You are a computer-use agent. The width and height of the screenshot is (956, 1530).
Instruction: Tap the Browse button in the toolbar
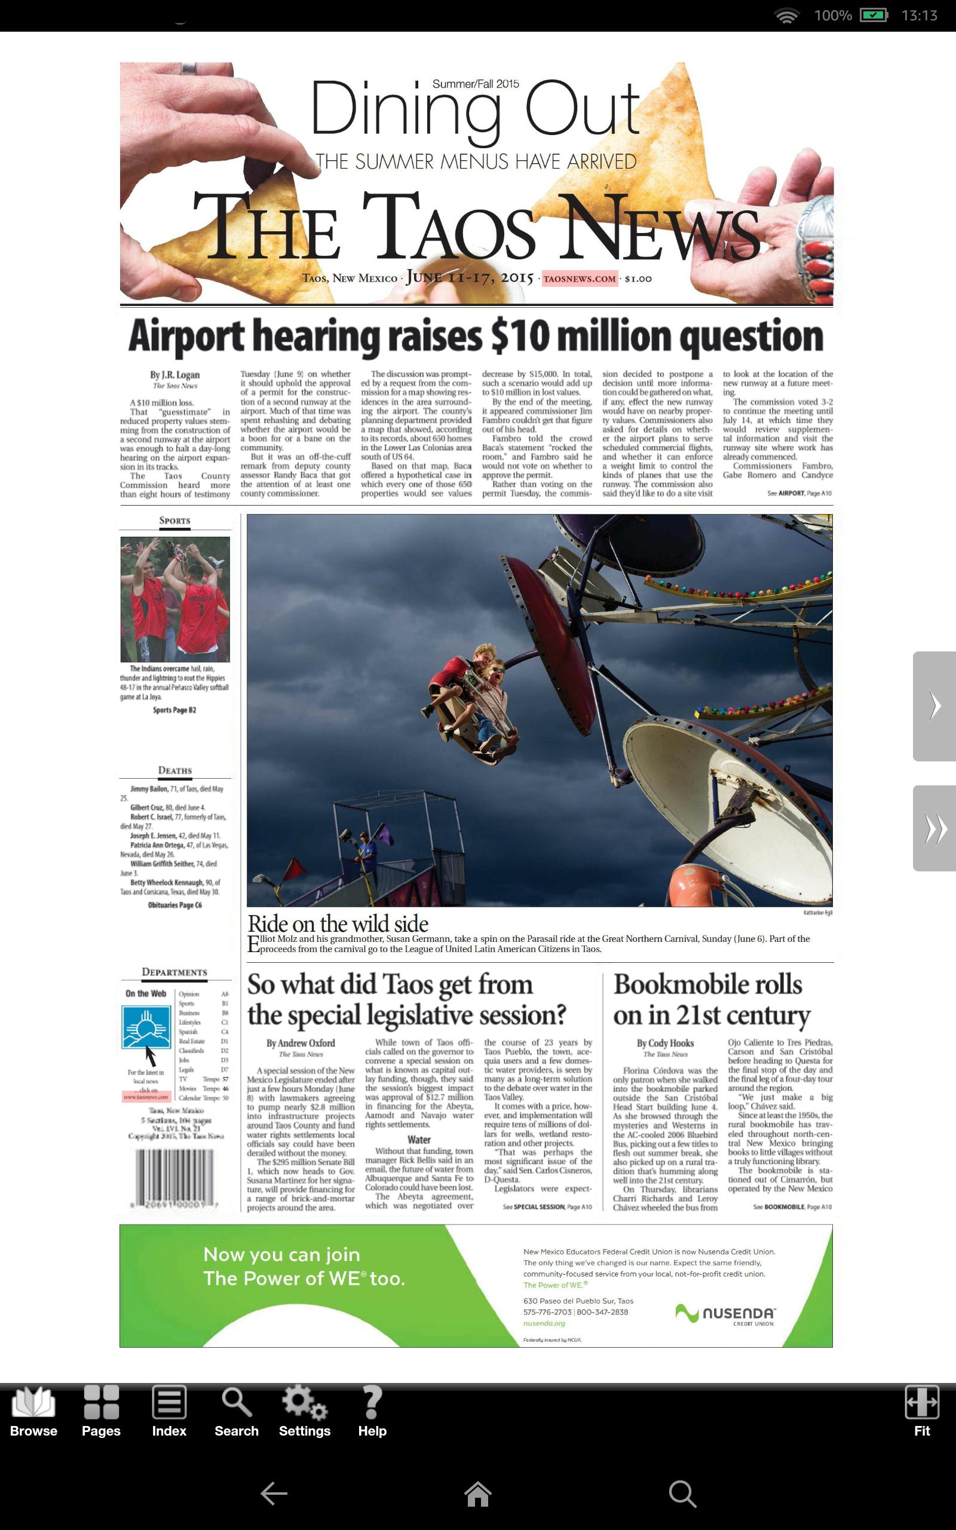tap(33, 1412)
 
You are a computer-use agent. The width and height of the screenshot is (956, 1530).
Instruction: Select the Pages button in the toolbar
tap(101, 1412)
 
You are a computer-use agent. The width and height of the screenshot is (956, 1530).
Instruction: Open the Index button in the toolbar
tap(169, 1412)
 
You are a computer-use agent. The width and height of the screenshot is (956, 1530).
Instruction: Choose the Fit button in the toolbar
tap(921, 1412)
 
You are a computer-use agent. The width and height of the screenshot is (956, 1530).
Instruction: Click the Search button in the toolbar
tap(237, 1412)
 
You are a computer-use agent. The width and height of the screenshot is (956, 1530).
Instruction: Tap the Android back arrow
tap(274, 1494)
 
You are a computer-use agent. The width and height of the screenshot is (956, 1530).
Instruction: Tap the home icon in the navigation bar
tap(477, 1494)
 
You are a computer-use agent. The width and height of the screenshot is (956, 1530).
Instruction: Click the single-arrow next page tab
tap(934, 706)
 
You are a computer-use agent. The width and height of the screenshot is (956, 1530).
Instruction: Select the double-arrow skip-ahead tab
tap(934, 828)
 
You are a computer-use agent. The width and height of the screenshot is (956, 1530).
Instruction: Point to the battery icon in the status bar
tap(874, 15)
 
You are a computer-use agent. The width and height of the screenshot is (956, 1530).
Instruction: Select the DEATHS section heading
tap(174, 770)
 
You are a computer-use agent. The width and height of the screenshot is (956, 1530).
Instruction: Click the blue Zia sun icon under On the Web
tap(146, 1027)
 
